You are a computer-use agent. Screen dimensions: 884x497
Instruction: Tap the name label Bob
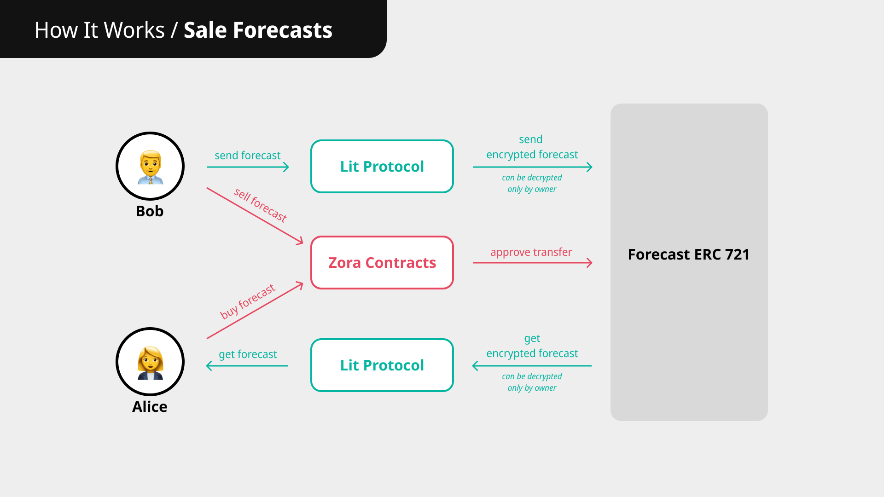coord(150,211)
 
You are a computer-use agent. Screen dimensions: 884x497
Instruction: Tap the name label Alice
coord(150,407)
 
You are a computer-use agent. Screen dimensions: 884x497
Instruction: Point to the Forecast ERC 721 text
coord(689,254)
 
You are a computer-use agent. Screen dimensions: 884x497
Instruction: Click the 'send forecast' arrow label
coord(248,156)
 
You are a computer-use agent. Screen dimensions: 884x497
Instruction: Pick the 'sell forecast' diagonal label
coord(261,205)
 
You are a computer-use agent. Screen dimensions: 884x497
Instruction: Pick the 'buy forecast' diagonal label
coord(248,301)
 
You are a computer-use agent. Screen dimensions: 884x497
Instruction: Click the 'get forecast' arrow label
coord(248,354)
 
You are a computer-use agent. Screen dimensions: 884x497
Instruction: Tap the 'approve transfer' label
coord(531,252)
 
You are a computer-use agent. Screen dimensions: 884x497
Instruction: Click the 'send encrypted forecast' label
coord(532,147)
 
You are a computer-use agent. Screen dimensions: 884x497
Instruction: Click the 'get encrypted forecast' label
coord(532,346)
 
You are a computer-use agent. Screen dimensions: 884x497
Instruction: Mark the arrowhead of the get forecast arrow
coord(208,366)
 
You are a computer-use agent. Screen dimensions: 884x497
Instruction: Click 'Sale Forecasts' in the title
coord(258,30)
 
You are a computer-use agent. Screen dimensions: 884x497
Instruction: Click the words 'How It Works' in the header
coord(99,30)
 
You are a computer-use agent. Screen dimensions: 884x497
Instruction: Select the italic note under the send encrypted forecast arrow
coord(532,183)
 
